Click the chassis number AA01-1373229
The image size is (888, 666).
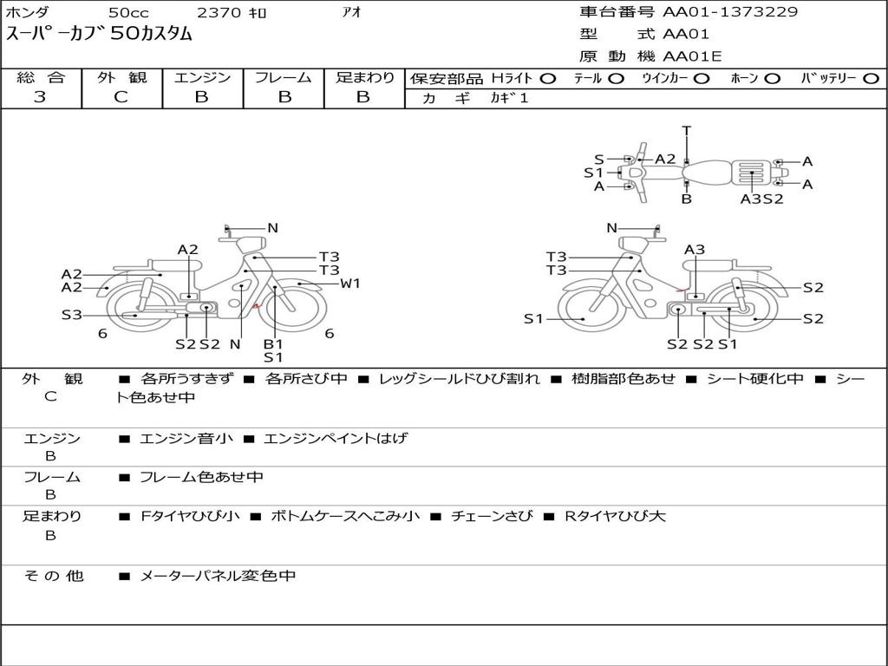pos(730,12)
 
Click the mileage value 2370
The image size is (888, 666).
pos(219,12)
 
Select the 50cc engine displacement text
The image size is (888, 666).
pos(128,12)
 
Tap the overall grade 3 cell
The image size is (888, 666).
pos(40,97)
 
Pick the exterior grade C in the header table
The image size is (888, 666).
pos(121,97)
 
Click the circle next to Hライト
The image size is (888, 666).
pos(548,79)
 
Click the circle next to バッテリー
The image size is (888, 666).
pos(871,79)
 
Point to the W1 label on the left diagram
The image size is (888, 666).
pos(349,284)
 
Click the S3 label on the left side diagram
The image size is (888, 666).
pos(72,315)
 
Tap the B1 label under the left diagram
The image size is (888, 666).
pos(273,343)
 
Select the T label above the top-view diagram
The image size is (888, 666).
pos(687,131)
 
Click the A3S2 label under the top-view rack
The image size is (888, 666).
pos(761,199)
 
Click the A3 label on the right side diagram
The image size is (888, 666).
pos(695,249)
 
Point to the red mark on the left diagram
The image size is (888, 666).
pos(256,306)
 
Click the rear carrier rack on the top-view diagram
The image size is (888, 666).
pos(752,173)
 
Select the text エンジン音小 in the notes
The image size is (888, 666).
pos(186,438)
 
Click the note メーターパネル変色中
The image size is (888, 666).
pos(218,576)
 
